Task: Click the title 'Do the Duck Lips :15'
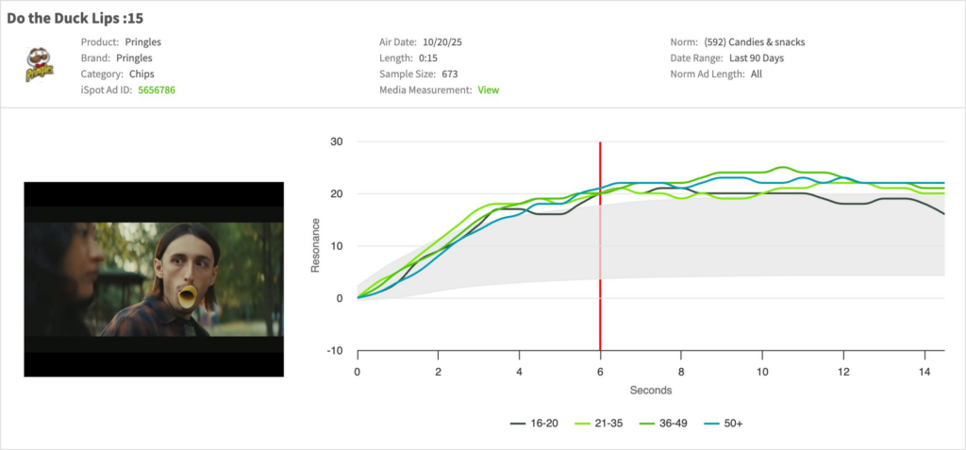[x=75, y=18]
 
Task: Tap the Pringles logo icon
[x=40, y=66]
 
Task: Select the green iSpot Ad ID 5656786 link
[x=157, y=90]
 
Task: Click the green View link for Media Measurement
[x=488, y=90]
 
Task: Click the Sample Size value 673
[x=450, y=74]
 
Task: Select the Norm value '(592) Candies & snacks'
[x=755, y=42]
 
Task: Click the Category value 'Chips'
[x=141, y=74]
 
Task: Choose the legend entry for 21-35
[x=606, y=423]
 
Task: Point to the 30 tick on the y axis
[x=337, y=142]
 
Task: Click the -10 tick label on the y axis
[x=335, y=351]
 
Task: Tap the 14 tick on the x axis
[x=924, y=372]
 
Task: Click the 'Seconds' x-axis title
[x=651, y=389]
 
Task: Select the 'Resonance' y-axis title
[x=316, y=246]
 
